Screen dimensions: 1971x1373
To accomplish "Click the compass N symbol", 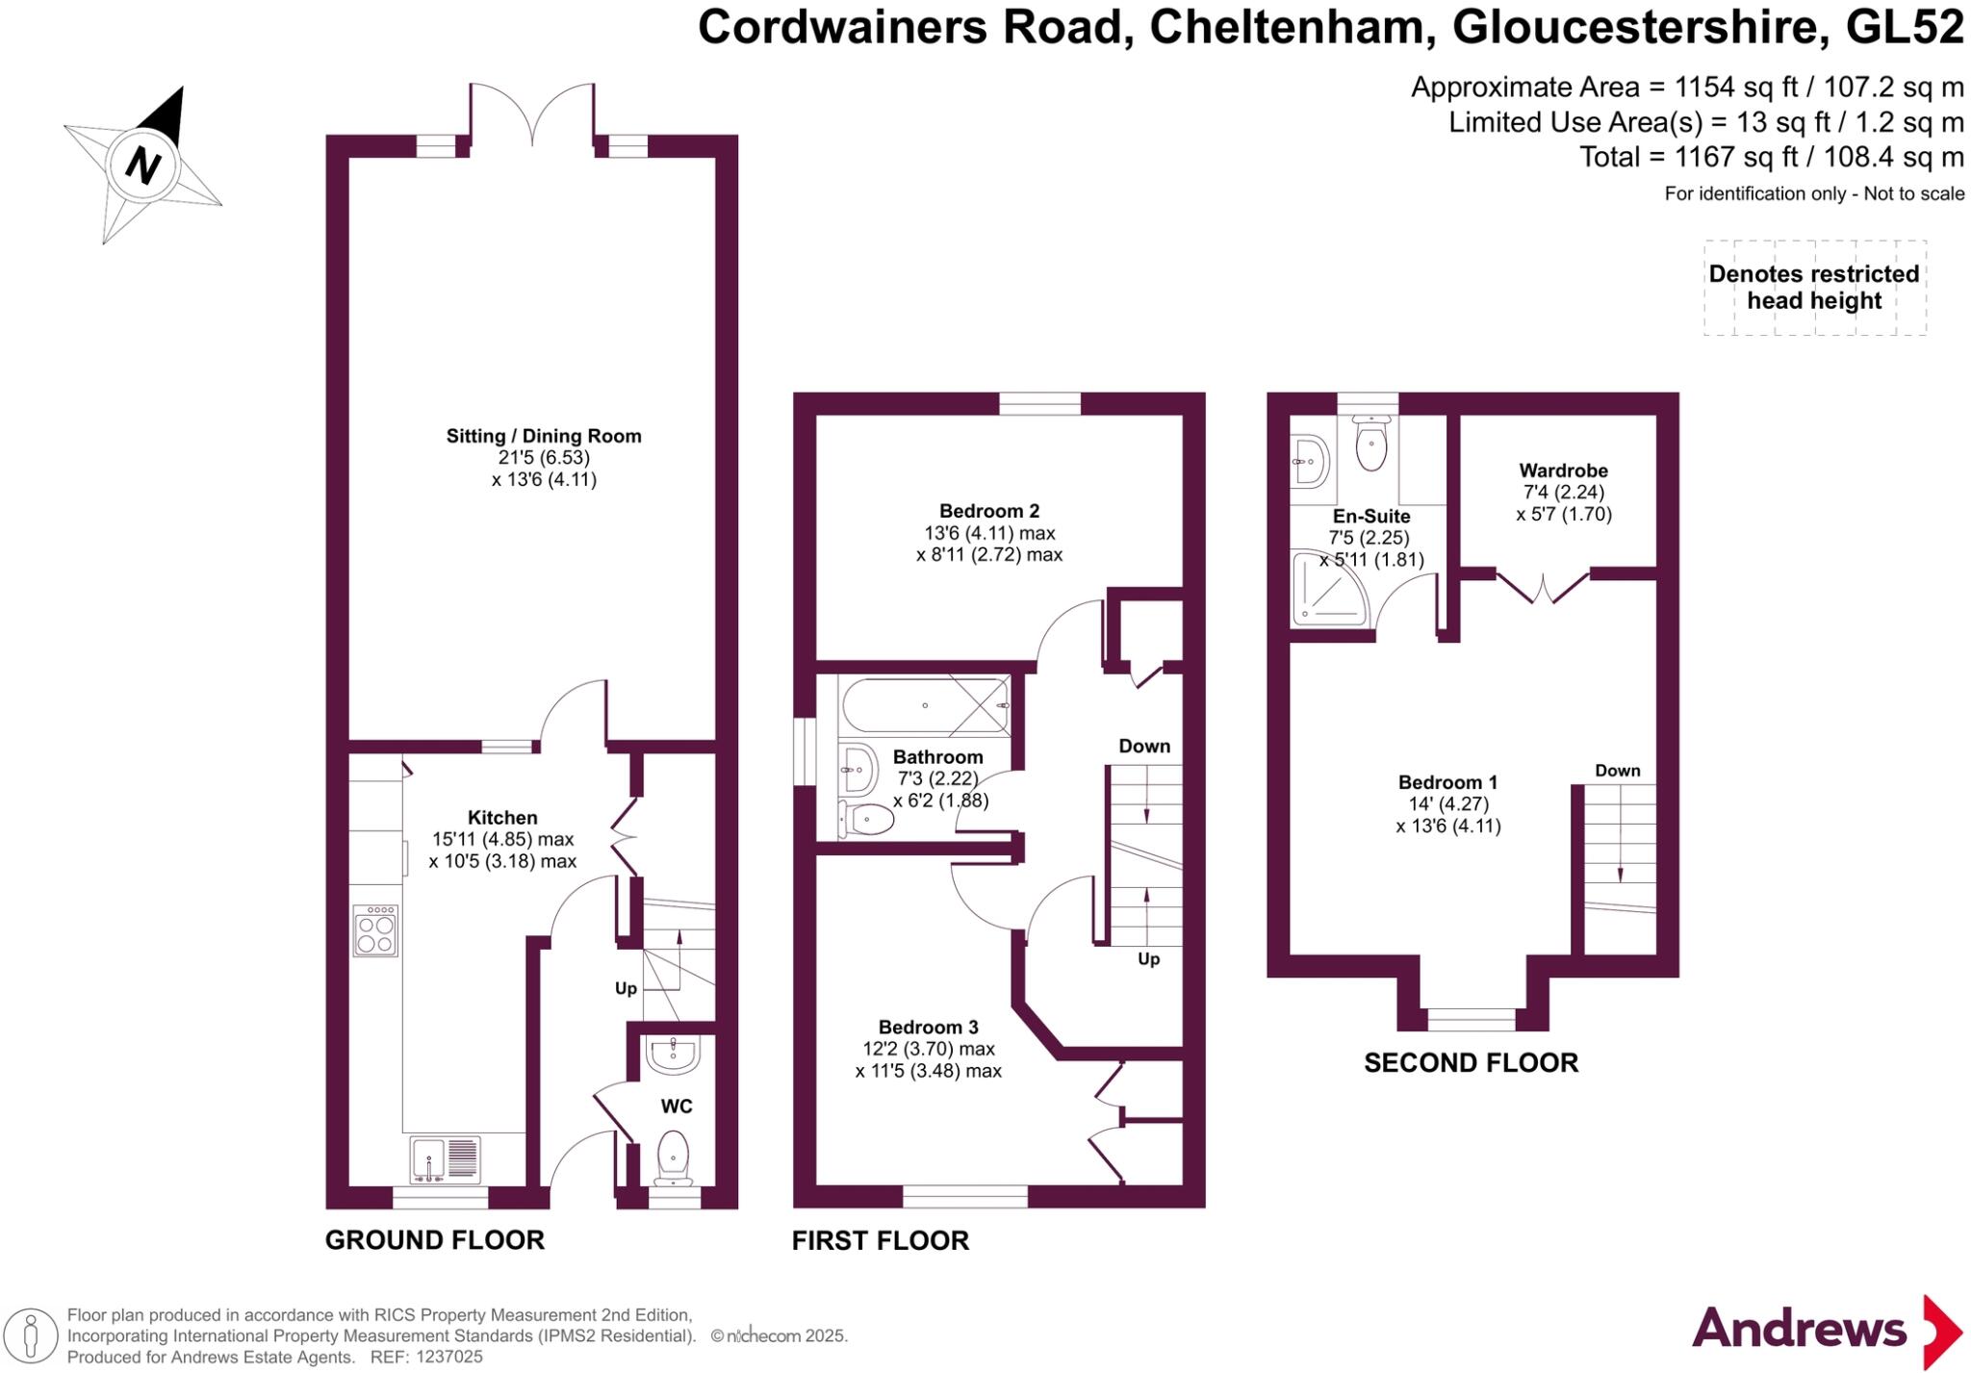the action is [x=143, y=165].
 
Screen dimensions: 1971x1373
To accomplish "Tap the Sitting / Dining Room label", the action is [x=544, y=436].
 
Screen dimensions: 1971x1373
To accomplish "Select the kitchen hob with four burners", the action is [x=375, y=930].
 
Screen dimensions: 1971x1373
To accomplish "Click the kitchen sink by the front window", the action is [x=445, y=1159].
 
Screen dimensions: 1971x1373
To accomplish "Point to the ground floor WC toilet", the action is [x=673, y=1157].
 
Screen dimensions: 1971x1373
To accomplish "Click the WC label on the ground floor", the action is [x=677, y=1106].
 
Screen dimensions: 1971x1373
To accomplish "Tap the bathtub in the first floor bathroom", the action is [x=925, y=706].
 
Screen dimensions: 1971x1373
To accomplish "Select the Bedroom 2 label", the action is [x=989, y=511].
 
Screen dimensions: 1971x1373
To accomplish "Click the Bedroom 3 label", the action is [x=929, y=1028].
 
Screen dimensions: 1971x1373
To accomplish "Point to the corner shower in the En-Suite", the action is [x=1329, y=588].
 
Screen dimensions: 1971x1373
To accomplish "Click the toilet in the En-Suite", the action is [x=1370, y=443].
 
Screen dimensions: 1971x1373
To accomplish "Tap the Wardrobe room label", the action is [x=1564, y=470].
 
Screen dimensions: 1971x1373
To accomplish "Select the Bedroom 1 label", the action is [x=1448, y=782].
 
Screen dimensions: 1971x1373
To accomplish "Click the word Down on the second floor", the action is [x=1618, y=771].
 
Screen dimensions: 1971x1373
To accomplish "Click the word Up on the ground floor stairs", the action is [x=626, y=988].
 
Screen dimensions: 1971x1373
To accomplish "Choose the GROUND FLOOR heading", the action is [x=435, y=1240].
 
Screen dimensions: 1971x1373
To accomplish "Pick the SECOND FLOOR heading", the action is [x=1472, y=1063].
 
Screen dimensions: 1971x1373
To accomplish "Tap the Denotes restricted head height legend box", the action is [x=1815, y=288].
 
